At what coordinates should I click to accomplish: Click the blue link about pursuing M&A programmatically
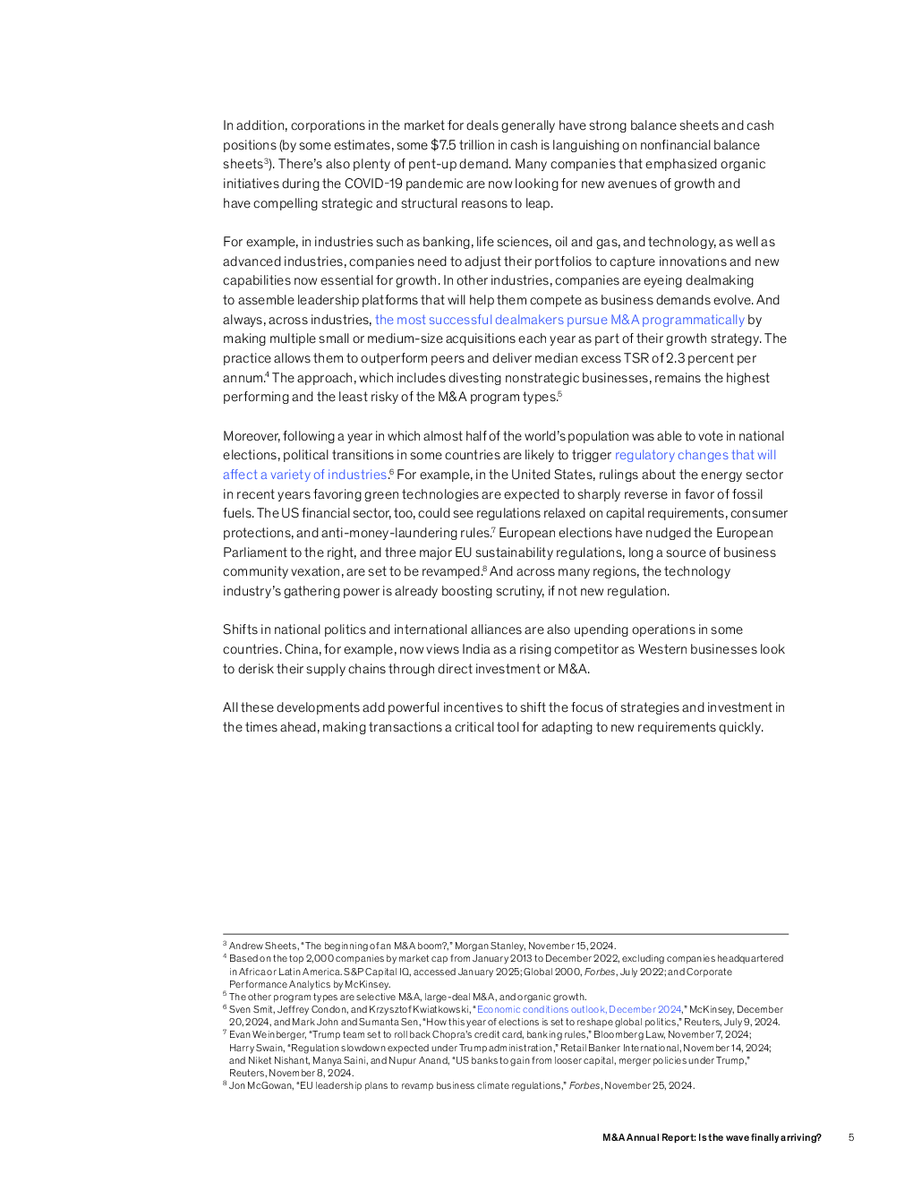(x=559, y=320)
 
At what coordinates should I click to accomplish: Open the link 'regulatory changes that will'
(x=695, y=455)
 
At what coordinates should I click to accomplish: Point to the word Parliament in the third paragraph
(x=254, y=552)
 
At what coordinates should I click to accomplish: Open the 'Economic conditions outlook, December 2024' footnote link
(x=579, y=1009)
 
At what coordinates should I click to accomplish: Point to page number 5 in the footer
(x=851, y=1137)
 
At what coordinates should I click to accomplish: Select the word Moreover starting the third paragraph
(x=251, y=436)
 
